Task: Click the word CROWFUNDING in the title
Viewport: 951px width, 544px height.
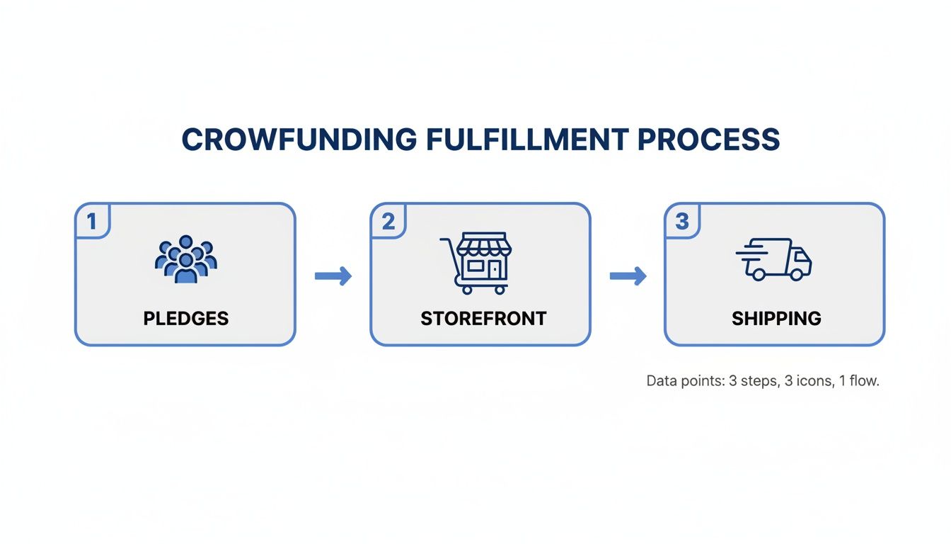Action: [299, 140]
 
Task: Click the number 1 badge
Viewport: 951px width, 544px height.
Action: [91, 222]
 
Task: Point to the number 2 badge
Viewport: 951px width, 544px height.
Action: [388, 222]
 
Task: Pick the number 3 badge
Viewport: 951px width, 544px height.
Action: [681, 222]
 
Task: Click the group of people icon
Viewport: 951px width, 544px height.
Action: [185, 260]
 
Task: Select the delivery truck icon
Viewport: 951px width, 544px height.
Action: [774, 259]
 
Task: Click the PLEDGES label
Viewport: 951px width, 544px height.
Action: [185, 319]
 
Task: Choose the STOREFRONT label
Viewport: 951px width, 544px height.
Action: [483, 319]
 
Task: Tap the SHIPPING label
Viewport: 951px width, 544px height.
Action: [776, 319]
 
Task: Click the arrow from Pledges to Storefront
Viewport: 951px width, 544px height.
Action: [333, 276]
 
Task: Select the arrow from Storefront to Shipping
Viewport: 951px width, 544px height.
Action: [628, 276]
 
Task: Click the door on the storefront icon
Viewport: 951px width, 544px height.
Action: [494, 269]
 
